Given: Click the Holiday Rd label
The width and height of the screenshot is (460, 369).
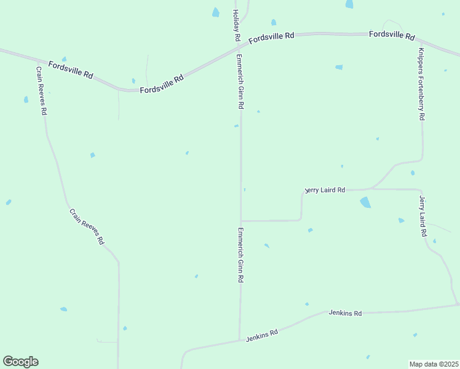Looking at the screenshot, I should pos(236,25).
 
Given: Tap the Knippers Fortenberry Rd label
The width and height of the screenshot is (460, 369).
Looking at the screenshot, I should pos(421,84).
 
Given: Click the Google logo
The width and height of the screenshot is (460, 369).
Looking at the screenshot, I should pos(20,362).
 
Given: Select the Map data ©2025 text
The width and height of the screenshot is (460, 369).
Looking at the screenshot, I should pos(434,363).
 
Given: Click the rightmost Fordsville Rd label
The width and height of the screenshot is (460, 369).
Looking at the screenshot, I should pos(392,35).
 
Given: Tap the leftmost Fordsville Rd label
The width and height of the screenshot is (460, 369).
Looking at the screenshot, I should pos(71,70).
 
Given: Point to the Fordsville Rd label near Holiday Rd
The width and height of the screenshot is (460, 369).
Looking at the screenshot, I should pos(271,38).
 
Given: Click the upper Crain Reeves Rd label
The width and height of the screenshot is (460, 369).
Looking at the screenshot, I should pos(41,91).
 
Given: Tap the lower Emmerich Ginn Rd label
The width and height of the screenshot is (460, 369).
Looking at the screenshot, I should pos(240,255).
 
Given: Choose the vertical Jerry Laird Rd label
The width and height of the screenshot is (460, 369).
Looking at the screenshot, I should pos(422,216).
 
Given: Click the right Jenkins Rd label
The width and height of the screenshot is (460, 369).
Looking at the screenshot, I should pos(345,313).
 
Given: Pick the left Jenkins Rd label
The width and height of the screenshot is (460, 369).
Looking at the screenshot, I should pos(262,335).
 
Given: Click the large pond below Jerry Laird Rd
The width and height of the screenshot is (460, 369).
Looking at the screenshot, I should pos(365,202).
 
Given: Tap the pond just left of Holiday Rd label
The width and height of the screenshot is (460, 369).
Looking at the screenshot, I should pos(216,12).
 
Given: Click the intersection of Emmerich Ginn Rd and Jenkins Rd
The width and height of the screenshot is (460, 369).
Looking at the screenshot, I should pos(240,339).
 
